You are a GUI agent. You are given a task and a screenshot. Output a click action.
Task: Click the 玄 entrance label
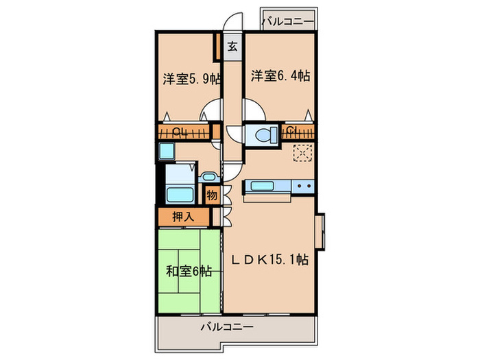click(x=233, y=47)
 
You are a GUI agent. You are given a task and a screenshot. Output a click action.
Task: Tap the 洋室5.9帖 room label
click(x=191, y=78)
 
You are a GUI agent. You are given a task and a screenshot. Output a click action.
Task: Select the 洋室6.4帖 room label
click(x=279, y=75)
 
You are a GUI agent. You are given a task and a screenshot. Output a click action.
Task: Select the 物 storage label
click(x=212, y=195)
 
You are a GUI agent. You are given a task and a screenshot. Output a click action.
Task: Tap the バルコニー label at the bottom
click(x=226, y=326)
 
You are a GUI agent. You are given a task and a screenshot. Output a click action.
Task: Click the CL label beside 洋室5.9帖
click(x=178, y=131)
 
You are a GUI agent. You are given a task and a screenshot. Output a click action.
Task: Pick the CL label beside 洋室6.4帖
click(x=291, y=130)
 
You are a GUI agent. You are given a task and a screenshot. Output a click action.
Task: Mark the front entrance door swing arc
click(x=235, y=21)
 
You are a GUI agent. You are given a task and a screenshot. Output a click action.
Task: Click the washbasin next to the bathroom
click(x=209, y=178)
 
